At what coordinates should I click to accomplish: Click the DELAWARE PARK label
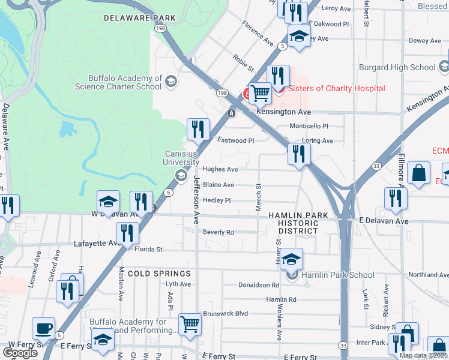140,18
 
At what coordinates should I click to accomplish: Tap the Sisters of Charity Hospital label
337,89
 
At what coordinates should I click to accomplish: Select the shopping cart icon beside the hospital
259,94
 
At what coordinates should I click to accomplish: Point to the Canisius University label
182,158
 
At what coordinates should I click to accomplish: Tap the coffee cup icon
43,328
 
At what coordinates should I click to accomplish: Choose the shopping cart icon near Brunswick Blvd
190,324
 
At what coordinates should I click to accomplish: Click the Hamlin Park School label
338,275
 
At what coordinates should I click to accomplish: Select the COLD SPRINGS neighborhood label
152,273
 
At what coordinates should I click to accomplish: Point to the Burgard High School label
397,68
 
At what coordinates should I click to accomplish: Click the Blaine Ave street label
218,185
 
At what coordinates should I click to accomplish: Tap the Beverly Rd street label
217,232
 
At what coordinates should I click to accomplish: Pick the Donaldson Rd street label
259,286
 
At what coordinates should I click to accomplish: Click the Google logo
20,352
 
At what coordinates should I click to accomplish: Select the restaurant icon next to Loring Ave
298,154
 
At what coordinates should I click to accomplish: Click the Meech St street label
259,197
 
